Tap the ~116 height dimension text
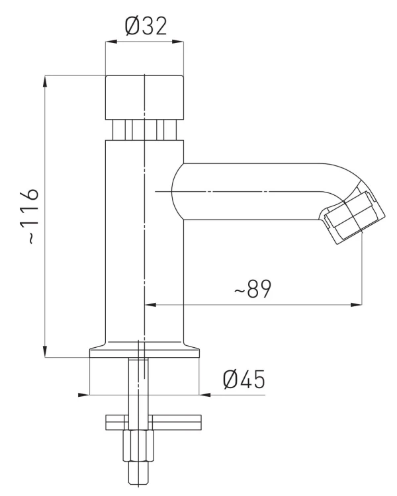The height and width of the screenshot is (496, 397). tap(30, 216)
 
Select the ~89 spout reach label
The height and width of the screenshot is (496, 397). tap(253, 288)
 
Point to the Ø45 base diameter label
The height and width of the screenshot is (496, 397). tap(243, 379)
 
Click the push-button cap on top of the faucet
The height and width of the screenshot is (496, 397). tap(144, 98)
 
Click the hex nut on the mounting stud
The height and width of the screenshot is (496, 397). tap(138, 446)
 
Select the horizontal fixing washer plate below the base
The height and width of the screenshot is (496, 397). tap(154, 423)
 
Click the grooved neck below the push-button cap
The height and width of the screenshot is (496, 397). tap(144, 130)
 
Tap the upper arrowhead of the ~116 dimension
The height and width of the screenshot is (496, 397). tap(45, 81)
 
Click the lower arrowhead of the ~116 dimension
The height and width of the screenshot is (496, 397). tap(45, 351)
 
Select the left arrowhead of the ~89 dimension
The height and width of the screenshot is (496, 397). tap(150, 305)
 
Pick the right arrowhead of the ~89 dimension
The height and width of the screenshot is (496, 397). tap(356, 305)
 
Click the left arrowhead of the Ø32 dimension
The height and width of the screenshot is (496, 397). tap(111, 42)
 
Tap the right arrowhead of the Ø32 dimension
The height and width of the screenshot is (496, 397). tap(177, 42)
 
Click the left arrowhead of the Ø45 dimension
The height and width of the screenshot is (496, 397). tap(83, 395)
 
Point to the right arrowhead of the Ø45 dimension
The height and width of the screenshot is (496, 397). tap(205, 395)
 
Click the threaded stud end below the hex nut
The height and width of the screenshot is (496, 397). tap(138, 474)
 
